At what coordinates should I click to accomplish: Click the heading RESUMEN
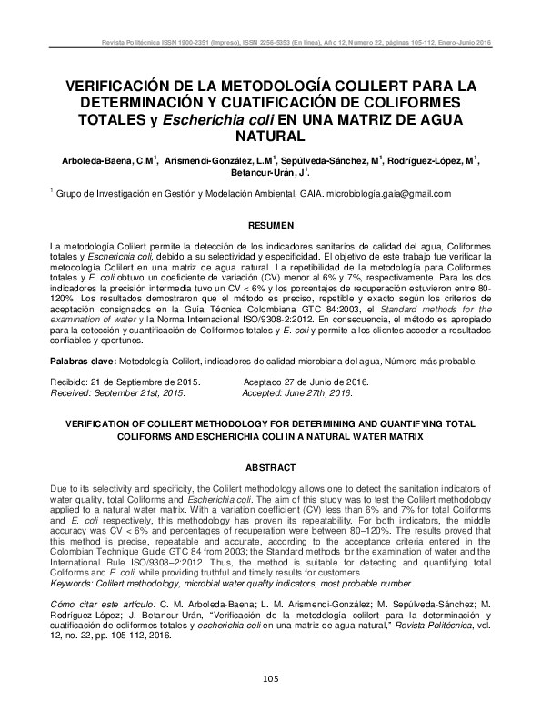pos(270,224)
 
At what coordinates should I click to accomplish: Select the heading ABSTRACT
pos(270,467)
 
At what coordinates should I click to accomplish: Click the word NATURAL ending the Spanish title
pos(270,137)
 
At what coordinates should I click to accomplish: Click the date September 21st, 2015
pos(142,392)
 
